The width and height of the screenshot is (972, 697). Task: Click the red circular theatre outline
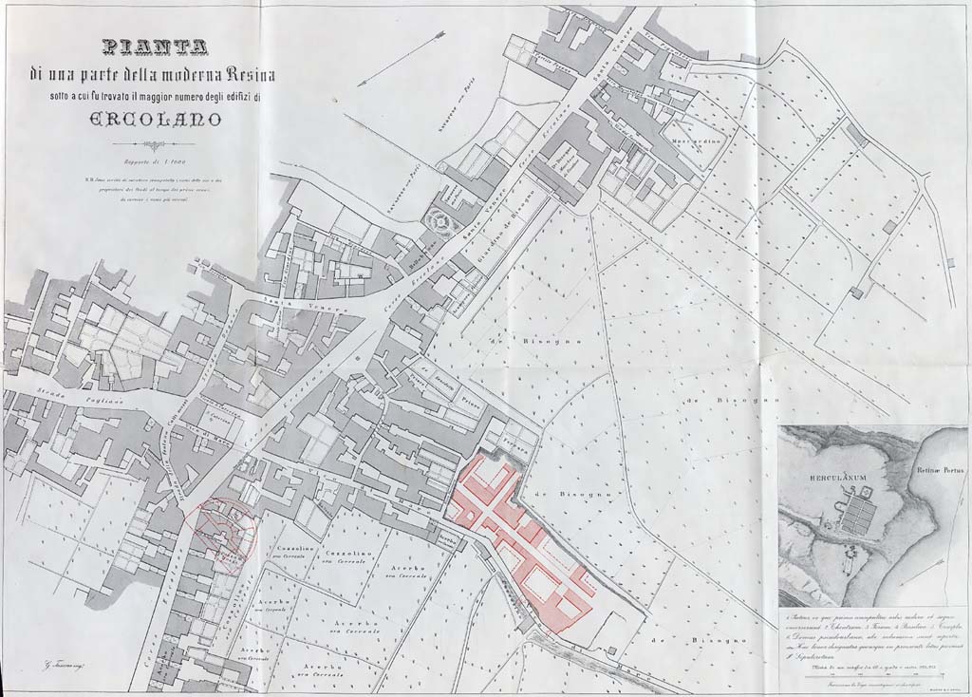click(x=221, y=531)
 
